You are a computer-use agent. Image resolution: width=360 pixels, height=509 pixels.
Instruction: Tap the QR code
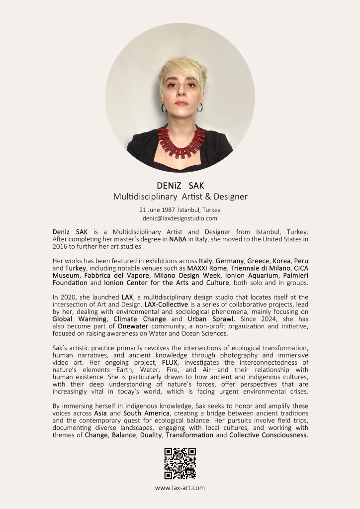(180, 463)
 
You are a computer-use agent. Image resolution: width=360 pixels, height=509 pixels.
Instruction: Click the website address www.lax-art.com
(180, 488)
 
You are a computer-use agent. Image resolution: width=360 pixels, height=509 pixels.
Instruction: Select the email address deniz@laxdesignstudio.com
(180, 218)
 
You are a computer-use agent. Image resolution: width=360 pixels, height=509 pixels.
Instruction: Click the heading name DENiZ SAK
(180, 186)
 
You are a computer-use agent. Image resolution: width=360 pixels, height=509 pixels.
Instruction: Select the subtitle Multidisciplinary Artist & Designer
(180, 197)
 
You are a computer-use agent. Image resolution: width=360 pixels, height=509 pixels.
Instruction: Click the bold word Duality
(146, 435)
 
